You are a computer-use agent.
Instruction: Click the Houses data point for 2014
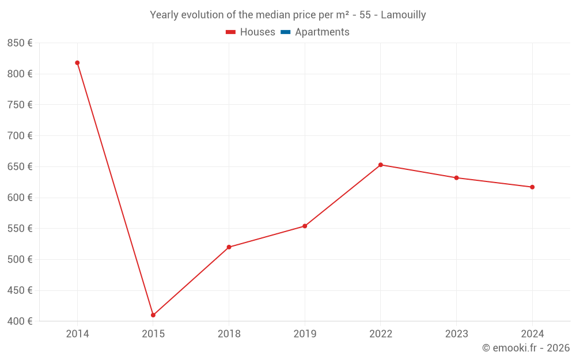click(x=77, y=63)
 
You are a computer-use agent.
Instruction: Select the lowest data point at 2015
click(x=153, y=315)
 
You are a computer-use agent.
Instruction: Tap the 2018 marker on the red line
click(x=229, y=247)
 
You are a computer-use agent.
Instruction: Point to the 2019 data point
click(x=305, y=226)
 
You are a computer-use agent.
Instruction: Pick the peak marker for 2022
click(x=381, y=165)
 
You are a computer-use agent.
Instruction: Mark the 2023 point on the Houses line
click(x=456, y=177)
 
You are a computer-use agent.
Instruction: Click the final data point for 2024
click(x=532, y=187)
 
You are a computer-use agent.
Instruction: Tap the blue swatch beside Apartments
click(x=285, y=32)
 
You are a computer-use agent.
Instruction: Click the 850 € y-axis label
click(x=20, y=43)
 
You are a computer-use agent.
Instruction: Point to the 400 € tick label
click(x=20, y=321)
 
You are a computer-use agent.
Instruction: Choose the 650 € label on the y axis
click(x=20, y=166)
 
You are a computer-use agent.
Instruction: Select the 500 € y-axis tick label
click(x=20, y=259)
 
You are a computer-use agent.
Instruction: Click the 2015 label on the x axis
click(x=153, y=334)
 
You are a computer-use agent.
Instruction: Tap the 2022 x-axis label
click(x=381, y=334)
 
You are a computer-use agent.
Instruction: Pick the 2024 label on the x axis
click(x=532, y=334)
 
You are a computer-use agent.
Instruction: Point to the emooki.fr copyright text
click(x=526, y=348)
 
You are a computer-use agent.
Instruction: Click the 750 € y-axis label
click(x=20, y=105)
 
